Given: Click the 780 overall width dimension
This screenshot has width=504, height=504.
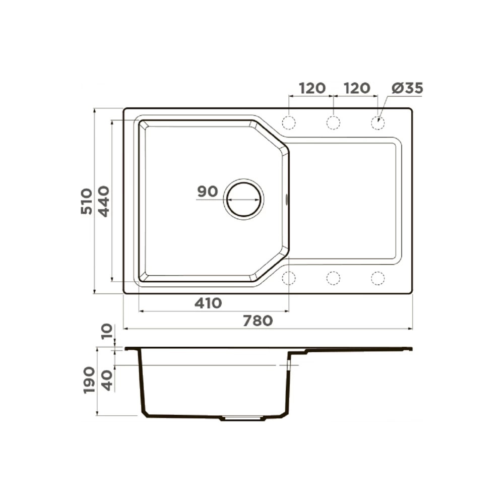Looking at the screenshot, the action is point(258,321).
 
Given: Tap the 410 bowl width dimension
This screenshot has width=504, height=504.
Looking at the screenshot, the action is point(208,303).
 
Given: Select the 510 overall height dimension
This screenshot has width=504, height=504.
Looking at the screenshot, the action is point(87,202).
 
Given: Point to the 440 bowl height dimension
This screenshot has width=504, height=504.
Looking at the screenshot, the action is point(103,202).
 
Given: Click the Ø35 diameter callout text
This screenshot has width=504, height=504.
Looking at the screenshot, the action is point(407,88).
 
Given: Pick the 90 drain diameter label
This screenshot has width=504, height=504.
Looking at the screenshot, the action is point(208,192).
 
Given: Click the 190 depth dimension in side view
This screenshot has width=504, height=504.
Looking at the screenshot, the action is point(89,380).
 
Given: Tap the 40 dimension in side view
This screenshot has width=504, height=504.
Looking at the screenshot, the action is point(107,381).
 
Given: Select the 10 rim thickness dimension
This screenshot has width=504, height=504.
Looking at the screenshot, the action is point(107,332).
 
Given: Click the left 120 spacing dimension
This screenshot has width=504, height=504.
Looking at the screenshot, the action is point(312,88).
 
